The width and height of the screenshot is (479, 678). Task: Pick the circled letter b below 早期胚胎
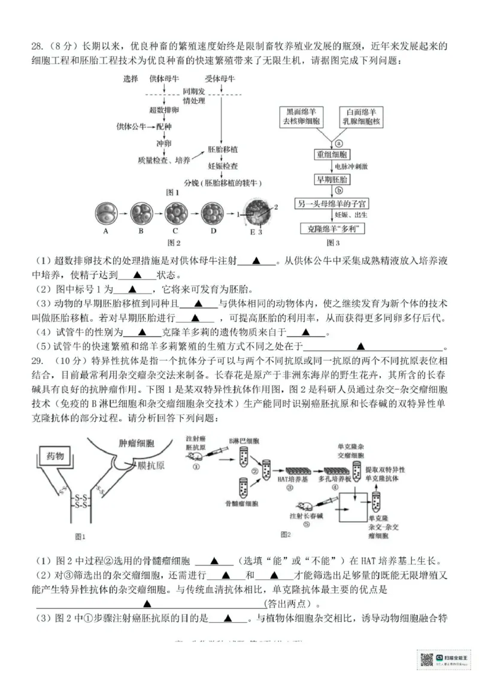point(338,191)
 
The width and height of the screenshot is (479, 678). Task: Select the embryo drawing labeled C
point(176,213)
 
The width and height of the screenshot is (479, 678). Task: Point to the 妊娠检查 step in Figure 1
point(222,166)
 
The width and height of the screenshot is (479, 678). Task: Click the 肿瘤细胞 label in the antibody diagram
point(135,444)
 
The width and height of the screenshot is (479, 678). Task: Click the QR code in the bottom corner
point(426,659)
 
